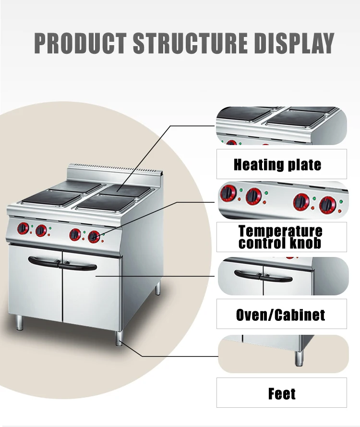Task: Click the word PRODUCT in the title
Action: coord(81,43)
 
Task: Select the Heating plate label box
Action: coord(281,164)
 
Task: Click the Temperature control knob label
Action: coord(281,237)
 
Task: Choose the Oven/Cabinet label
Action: coord(281,314)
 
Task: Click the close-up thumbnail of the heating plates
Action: coord(281,125)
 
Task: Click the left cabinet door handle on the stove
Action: coord(45,262)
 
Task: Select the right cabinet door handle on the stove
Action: coord(80,266)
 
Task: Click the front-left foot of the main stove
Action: coord(19,323)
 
